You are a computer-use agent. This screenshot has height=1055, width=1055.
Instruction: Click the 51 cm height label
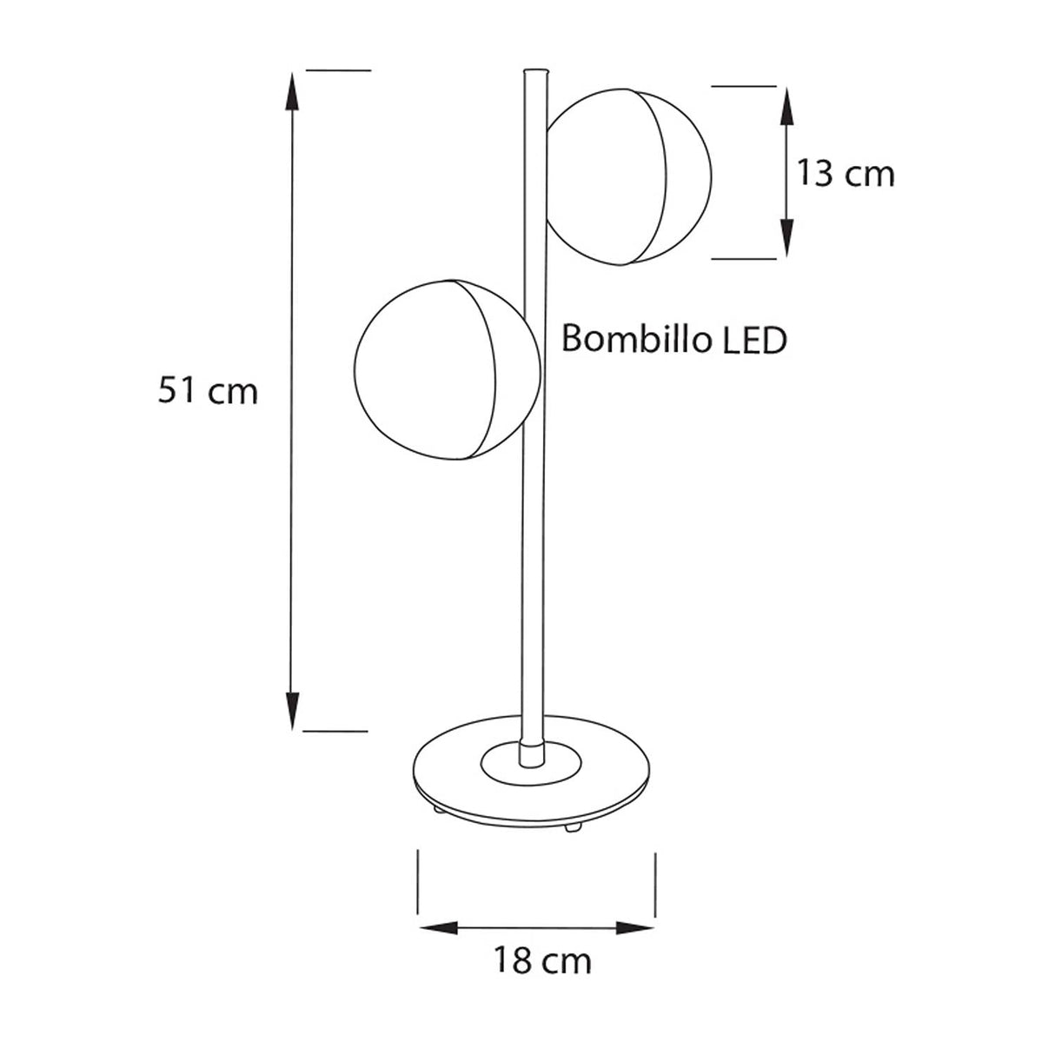point(209,391)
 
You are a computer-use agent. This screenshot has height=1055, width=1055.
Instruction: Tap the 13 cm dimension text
point(846,174)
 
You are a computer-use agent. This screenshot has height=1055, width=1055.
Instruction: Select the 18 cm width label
point(543,961)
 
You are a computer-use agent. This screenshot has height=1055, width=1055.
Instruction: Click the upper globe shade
point(630,177)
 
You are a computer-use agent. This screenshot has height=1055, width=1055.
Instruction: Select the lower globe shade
point(445,369)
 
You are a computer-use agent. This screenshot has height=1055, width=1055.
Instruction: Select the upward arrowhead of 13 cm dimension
point(786,103)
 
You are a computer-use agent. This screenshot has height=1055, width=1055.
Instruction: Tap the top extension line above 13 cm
point(743,86)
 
